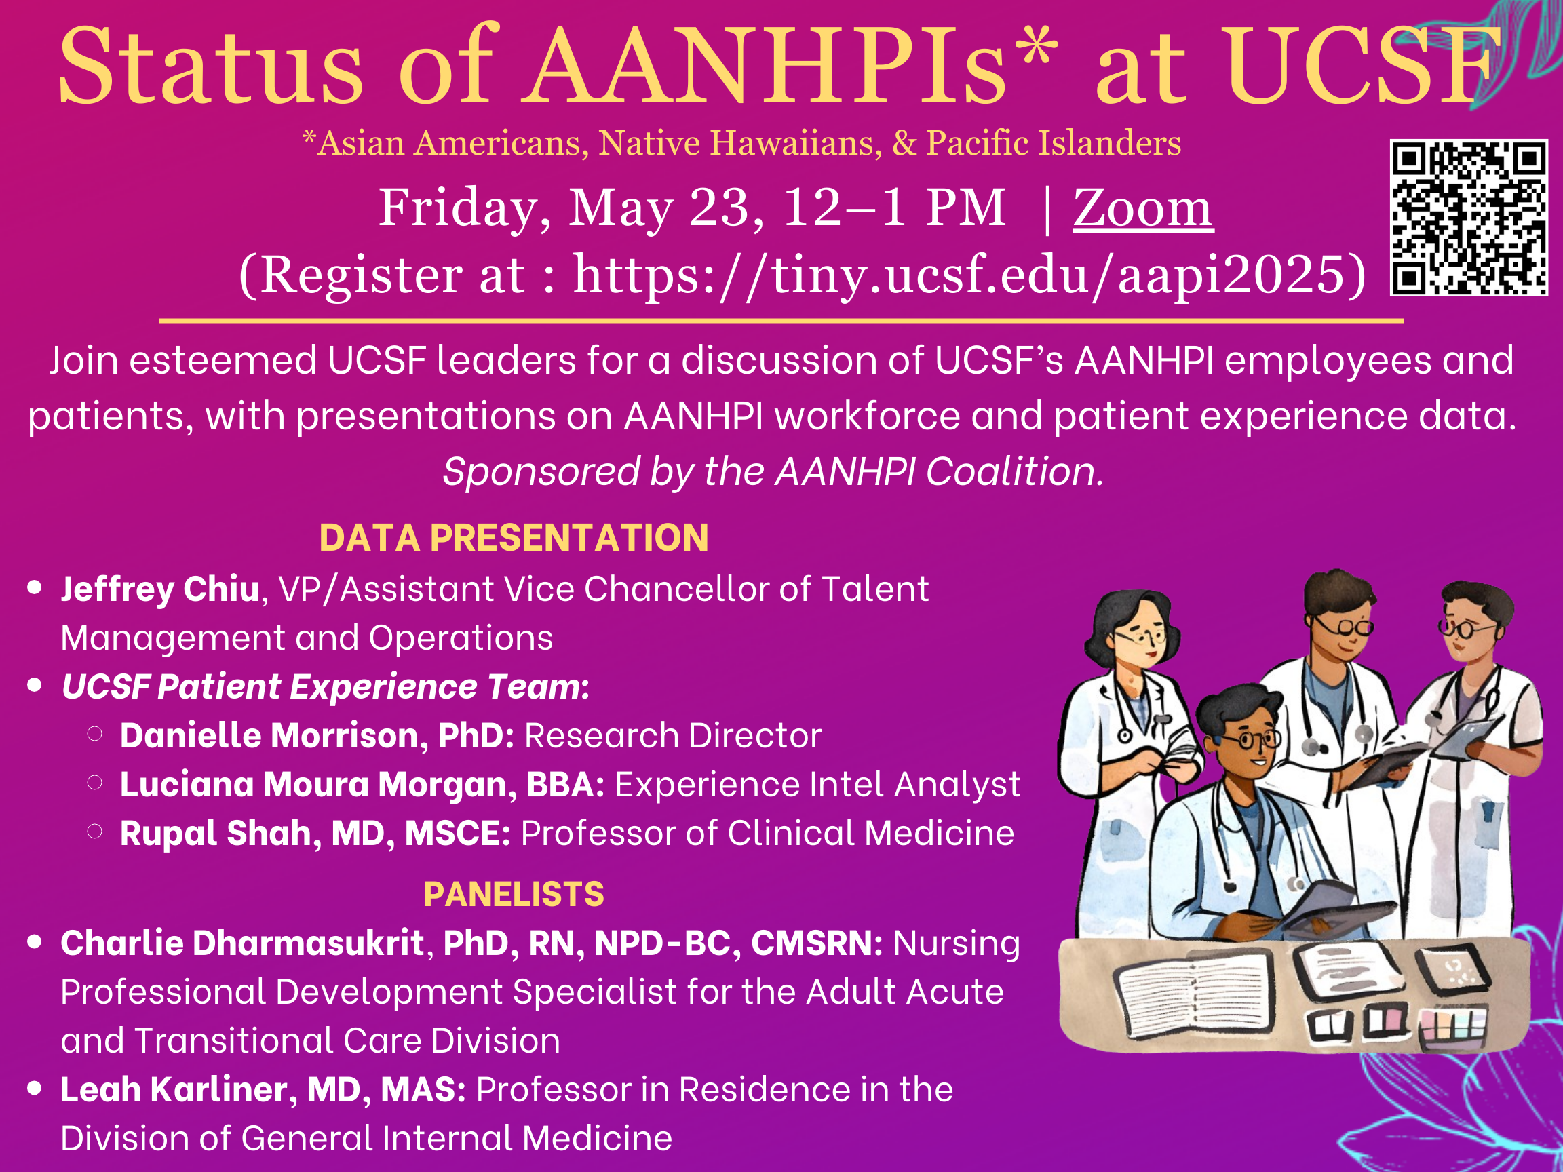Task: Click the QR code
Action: click(x=1468, y=218)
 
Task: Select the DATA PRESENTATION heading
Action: click(x=514, y=538)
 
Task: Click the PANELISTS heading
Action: click(x=514, y=895)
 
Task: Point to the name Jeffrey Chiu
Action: click(x=160, y=590)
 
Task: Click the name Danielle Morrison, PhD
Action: click(x=317, y=736)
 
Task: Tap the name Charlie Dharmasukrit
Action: click(x=242, y=943)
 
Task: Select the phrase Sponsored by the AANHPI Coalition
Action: click(x=773, y=471)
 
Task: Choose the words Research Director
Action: click(x=673, y=736)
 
